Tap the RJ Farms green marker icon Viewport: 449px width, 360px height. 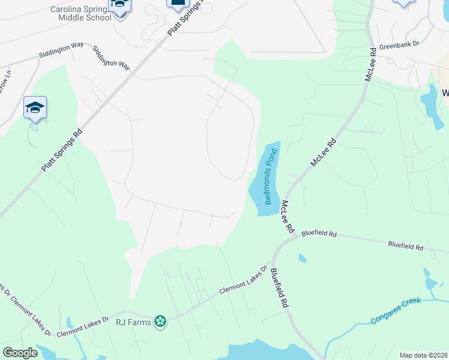(x=160, y=322)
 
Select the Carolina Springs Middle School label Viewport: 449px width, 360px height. (x=81, y=14)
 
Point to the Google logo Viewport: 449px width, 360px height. (x=20, y=353)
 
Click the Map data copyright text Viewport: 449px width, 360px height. (x=424, y=355)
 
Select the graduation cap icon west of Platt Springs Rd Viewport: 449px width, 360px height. (x=35, y=108)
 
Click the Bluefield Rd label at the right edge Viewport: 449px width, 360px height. (x=406, y=246)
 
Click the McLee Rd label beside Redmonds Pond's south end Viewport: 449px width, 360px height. (x=286, y=217)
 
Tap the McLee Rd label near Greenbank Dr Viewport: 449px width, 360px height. (x=370, y=64)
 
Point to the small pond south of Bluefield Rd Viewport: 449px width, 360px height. (x=302, y=259)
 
